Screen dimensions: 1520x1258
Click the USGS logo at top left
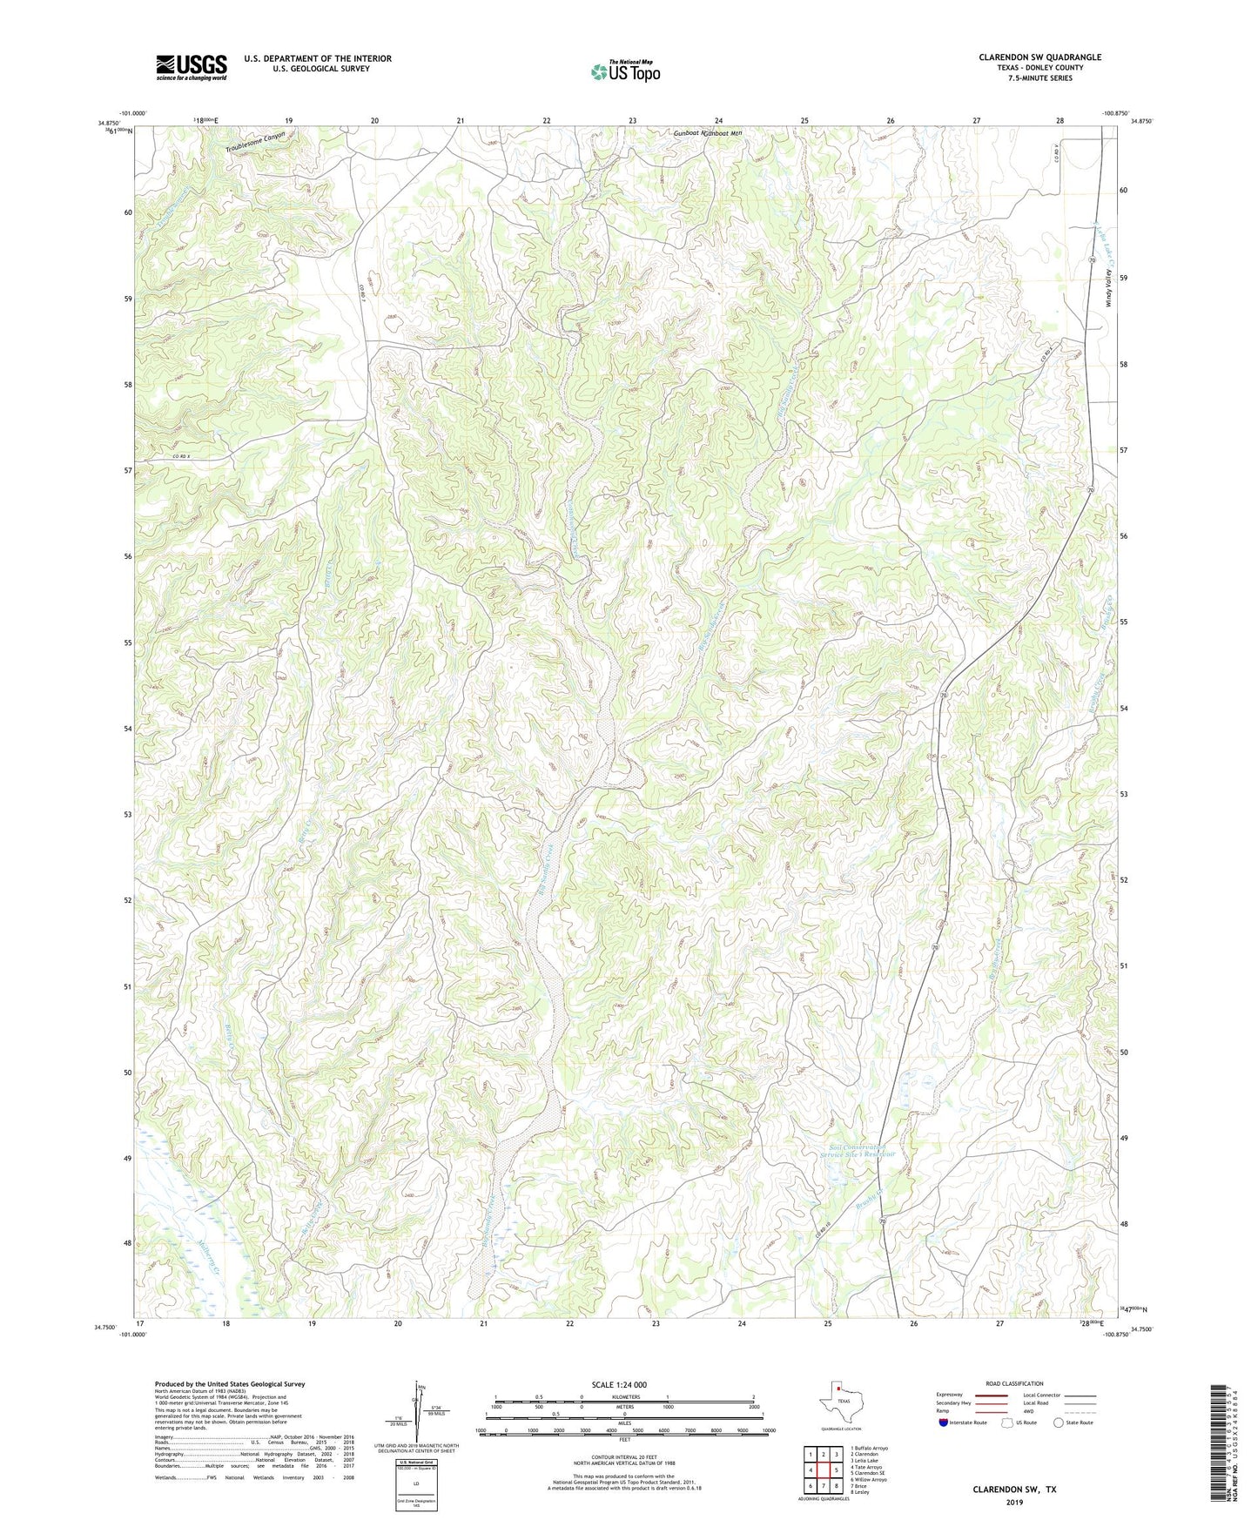tap(192, 67)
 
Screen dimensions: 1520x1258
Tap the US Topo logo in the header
tap(624, 71)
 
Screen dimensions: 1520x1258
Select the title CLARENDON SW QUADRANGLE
tap(1039, 57)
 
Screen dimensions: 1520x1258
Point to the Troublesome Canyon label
tap(255, 142)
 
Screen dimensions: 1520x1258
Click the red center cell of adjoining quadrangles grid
tap(823, 1470)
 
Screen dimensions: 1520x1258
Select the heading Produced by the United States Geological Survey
tap(230, 1384)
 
